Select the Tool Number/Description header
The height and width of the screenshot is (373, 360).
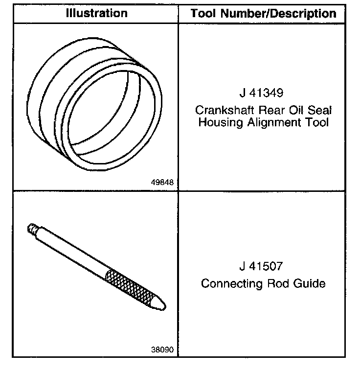click(263, 13)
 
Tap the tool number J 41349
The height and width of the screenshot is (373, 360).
click(262, 93)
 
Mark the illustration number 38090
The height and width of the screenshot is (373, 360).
click(163, 350)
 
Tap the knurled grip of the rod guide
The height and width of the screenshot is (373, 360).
click(130, 283)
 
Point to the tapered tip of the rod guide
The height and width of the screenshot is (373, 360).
click(159, 304)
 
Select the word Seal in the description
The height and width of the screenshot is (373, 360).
click(318, 109)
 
